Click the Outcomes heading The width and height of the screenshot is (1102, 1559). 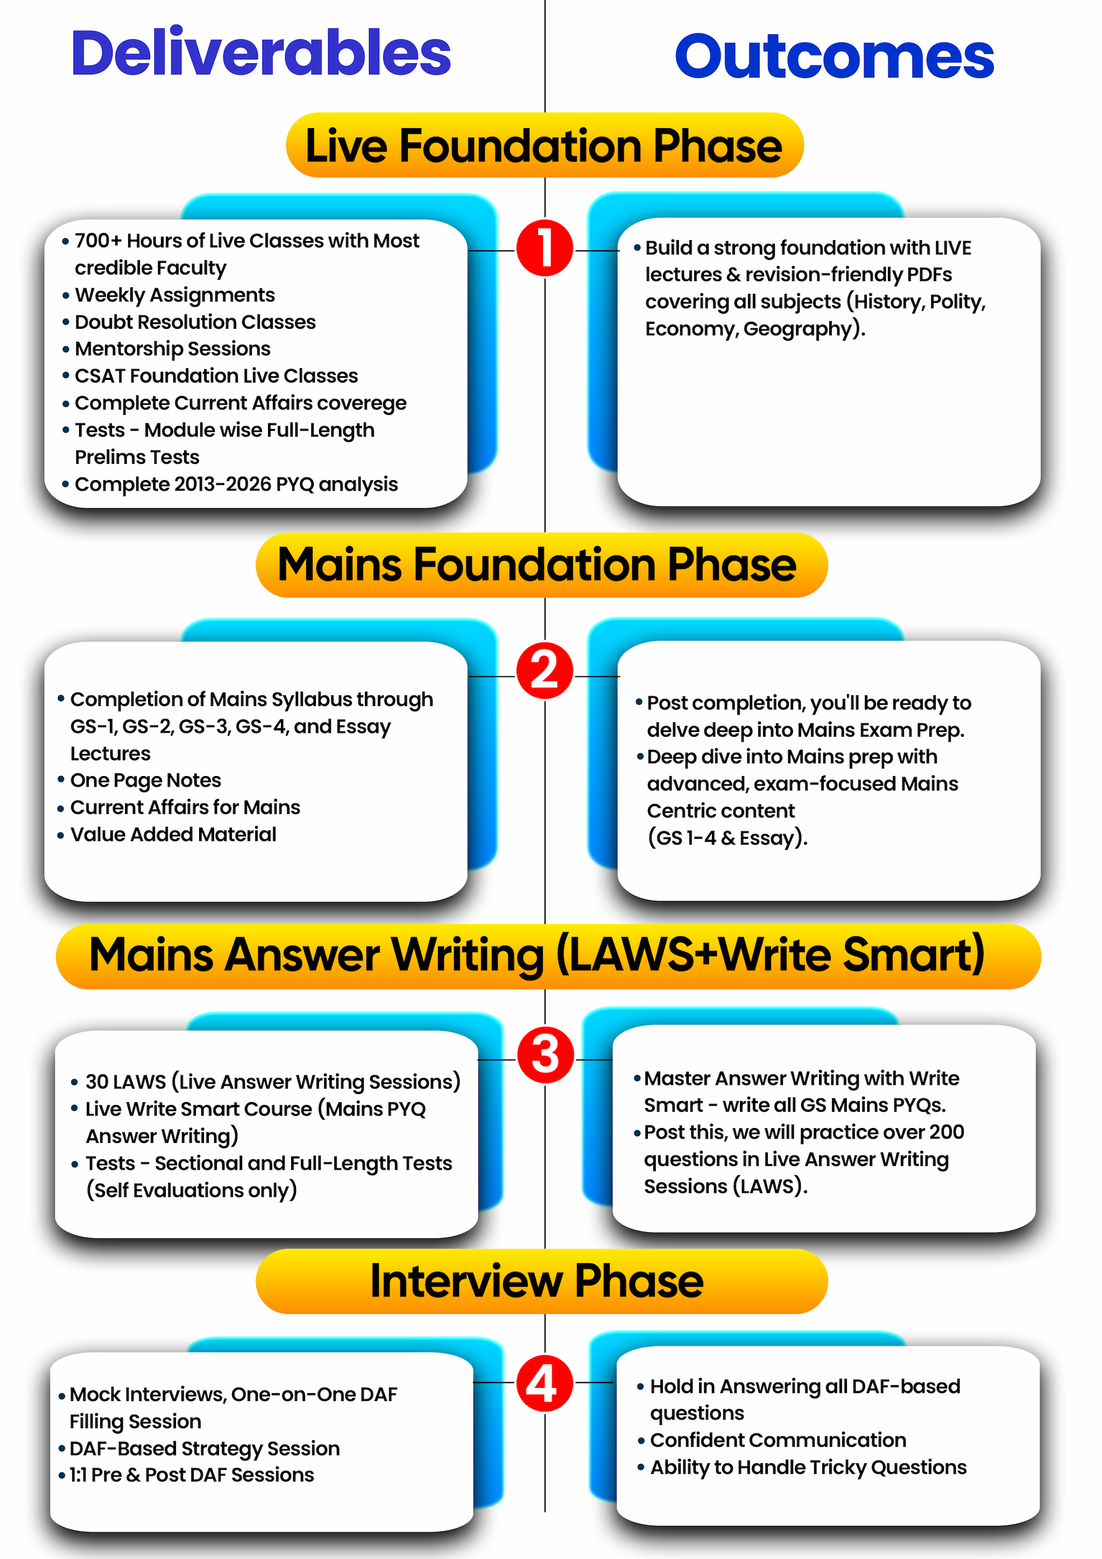click(x=834, y=57)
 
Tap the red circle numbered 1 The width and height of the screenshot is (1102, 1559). click(x=545, y=248)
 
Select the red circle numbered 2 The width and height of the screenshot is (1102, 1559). click(x=545, y=671)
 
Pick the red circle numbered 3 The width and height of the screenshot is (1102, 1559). click(x=545, y=1055)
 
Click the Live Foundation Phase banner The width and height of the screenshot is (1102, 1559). click(x=545, y=145)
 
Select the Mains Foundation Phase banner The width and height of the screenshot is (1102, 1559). click(x=541, y=565)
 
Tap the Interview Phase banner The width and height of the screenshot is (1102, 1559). click(x=541, y=1281)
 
